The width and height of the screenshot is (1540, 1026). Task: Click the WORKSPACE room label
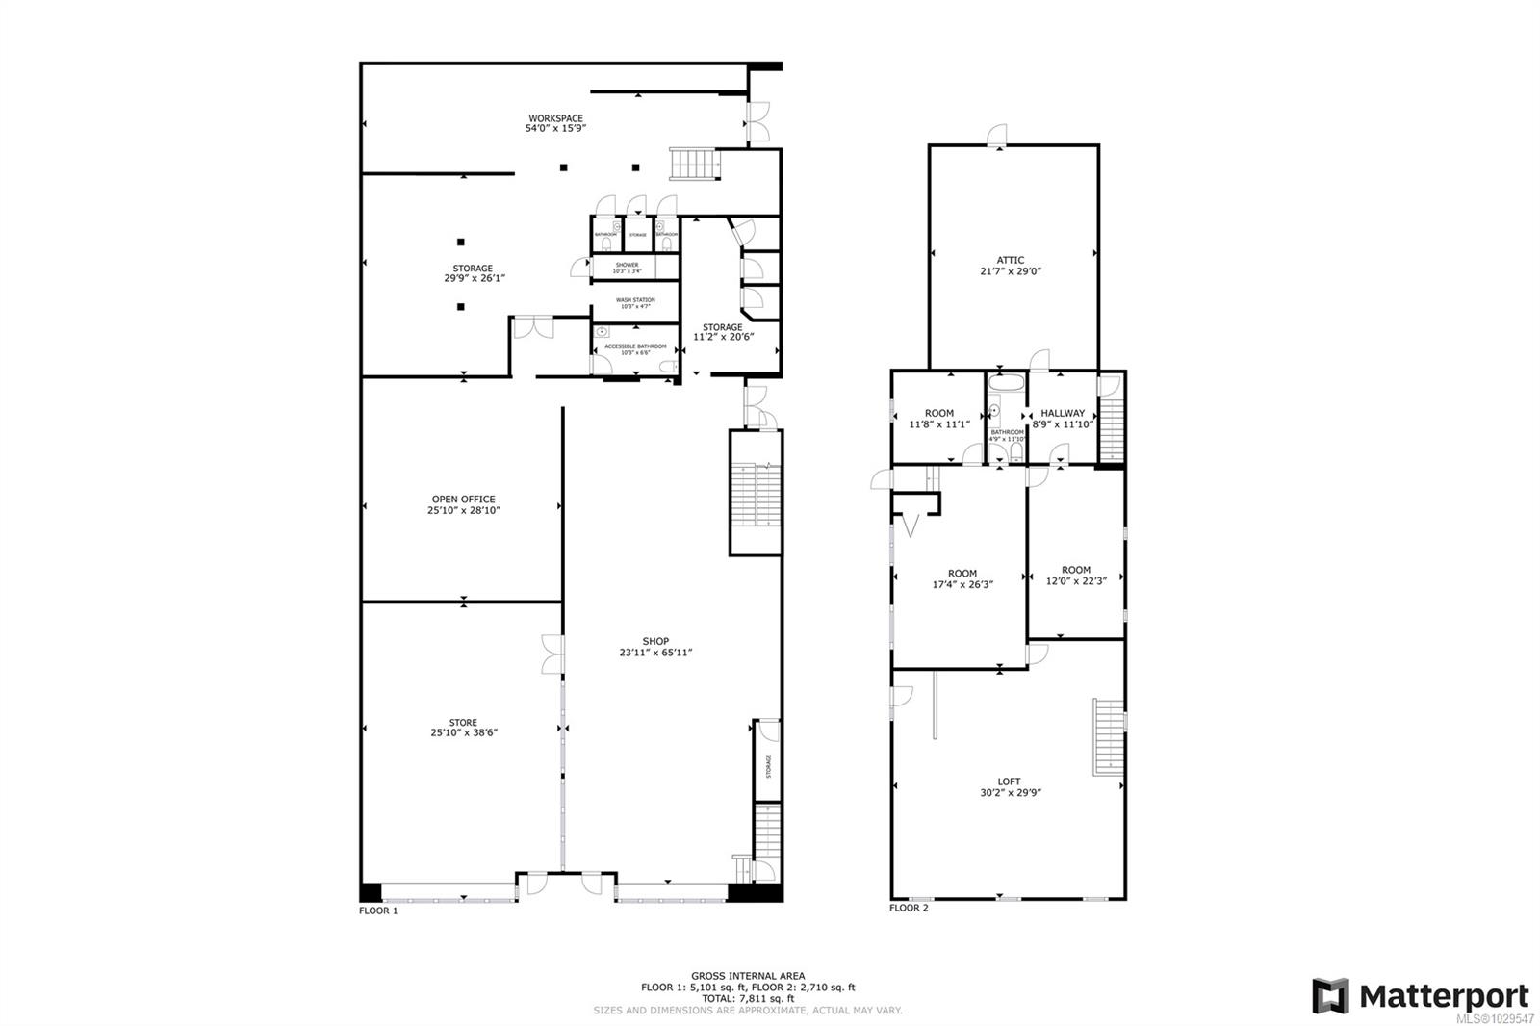555,119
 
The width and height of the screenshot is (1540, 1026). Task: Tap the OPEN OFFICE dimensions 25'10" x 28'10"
464,511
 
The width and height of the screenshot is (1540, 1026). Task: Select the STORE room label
464,723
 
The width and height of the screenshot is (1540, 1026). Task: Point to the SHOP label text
655,641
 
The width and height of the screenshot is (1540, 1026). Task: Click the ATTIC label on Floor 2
1010,260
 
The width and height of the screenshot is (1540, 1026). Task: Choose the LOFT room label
1009,782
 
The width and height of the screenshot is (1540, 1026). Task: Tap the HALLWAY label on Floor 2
1063,413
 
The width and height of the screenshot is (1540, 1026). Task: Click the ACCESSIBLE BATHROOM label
635,346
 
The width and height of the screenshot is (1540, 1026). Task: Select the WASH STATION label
635,300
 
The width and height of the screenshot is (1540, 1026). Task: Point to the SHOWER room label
627,265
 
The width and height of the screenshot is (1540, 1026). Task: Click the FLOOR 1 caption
378,911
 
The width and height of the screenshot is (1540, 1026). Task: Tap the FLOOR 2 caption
909,908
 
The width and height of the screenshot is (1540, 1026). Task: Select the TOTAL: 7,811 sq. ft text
748,999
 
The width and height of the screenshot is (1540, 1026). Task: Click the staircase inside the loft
1108,736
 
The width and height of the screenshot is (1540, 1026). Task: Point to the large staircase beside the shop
756,493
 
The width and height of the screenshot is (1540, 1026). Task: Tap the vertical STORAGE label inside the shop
768,766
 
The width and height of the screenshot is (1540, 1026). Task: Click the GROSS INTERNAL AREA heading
748,976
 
